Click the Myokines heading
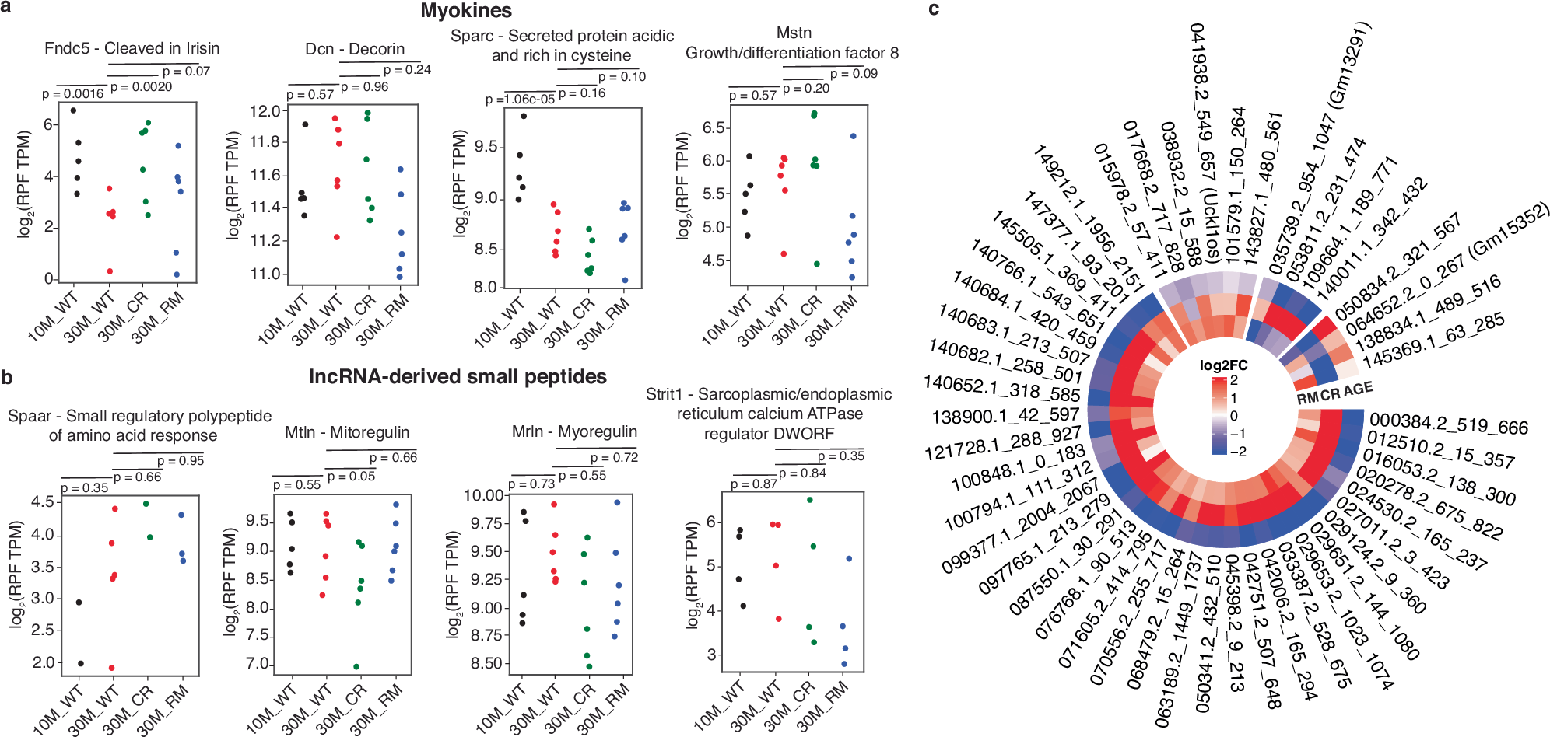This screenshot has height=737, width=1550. pos(466,11)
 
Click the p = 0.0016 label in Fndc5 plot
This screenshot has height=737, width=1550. pos(73,94)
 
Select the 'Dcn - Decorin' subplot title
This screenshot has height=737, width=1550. pos(355,49)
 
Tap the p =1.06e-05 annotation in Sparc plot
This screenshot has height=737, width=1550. pos(520,100)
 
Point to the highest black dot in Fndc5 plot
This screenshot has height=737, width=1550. pos(73,110)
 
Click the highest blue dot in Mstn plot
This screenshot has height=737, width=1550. pos(853,136)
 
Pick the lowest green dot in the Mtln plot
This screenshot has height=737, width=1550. pos(356,667)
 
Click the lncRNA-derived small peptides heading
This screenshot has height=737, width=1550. pos(458,377)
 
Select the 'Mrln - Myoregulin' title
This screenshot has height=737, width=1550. pos(574,431)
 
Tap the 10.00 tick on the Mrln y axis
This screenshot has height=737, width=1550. pos(483,495)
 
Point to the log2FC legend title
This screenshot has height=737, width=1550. pos(1223,365)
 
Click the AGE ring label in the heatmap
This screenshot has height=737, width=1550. pos(1358,389)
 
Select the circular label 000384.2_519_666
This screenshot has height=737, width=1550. pos(1449,424)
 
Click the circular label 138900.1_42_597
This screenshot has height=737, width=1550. pos(1005,416)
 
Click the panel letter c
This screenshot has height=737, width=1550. pos(934,9)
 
